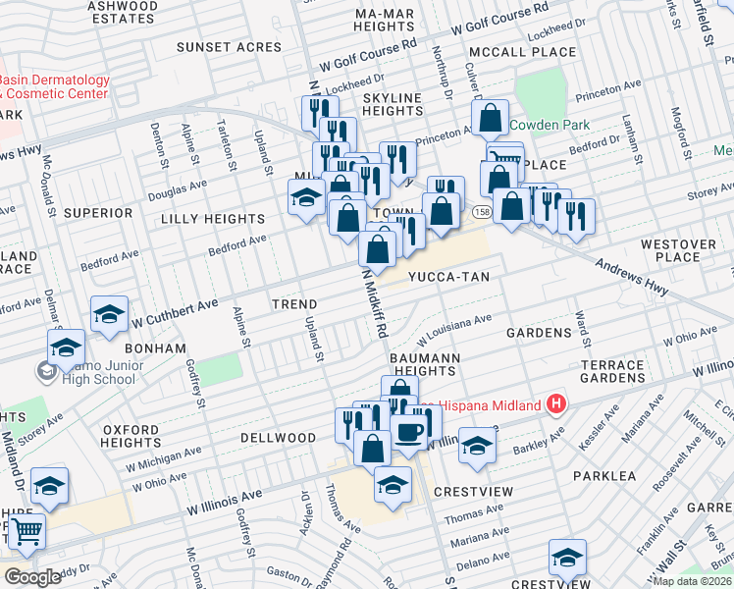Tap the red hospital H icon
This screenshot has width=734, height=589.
556,404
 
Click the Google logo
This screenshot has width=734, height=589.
32,577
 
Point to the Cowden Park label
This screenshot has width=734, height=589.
549,126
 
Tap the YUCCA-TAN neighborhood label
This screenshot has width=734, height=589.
448,278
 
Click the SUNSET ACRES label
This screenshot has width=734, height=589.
229,47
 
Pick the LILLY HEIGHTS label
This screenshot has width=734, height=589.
213,219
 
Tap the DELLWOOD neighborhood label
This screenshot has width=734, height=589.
280,438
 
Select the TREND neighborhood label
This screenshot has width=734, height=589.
294,305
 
